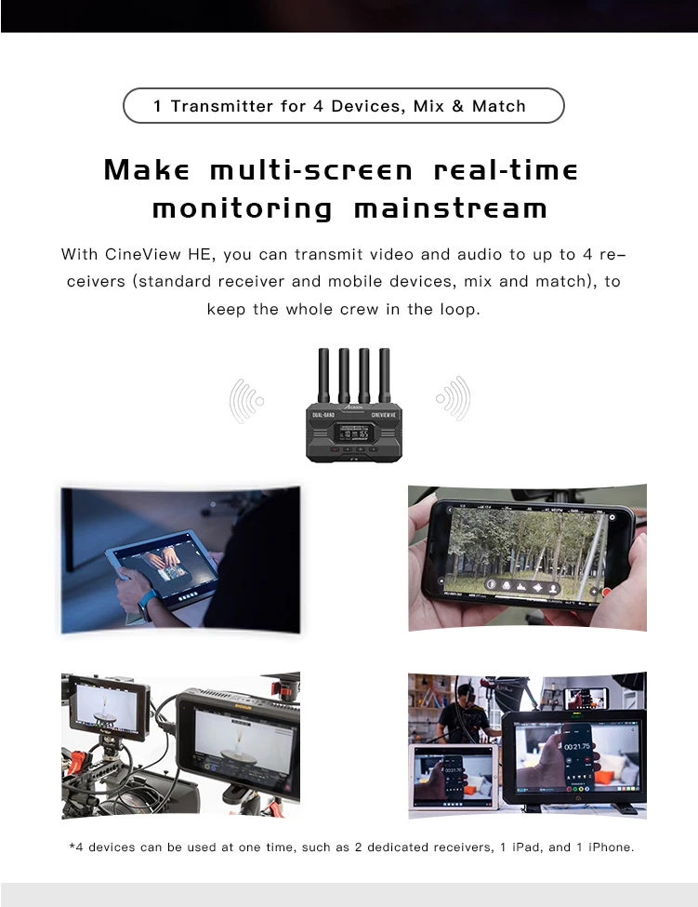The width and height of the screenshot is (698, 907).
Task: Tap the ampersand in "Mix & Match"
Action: (457, 106)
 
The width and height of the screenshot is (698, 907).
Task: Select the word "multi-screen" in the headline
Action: (311, 171)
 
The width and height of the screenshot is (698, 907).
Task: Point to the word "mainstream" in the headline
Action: (451, 208)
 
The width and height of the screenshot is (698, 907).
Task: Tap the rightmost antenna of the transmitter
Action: (384, 375)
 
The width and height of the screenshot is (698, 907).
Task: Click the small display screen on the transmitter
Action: (354, 432)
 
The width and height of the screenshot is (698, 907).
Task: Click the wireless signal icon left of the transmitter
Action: (247, 400)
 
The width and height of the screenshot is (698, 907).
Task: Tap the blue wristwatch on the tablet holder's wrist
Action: (144, 606)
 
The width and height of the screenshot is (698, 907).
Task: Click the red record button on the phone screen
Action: (606, 591)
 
